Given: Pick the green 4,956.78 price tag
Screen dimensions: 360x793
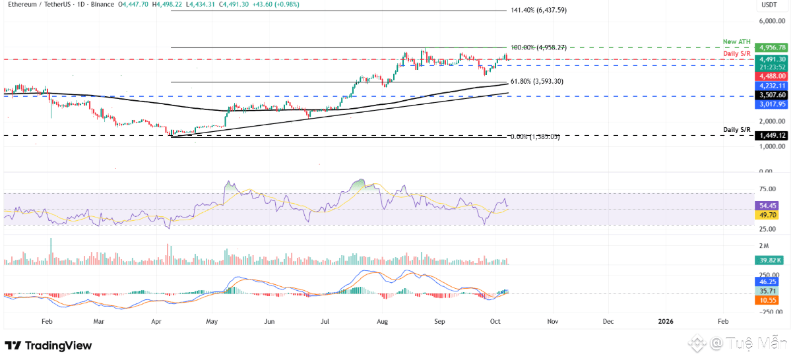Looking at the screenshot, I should pyautogui.click(x=772, y=47).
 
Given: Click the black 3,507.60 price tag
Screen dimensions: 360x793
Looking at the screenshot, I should pyautogui.click(x=772, y=95).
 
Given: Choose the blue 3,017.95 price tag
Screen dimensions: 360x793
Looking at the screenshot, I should pyautogui.click(x=772, y=104).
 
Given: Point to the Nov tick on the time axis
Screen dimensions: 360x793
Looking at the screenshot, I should pyautogui.click(x=553, y=321).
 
